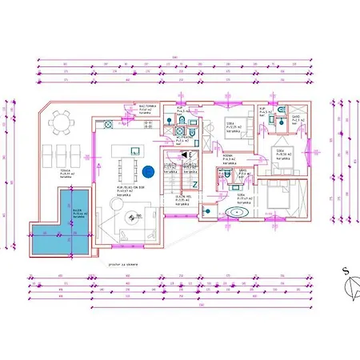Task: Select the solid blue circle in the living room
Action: [149, 170]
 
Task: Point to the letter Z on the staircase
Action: [194, 184]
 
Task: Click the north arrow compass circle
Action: [350, 284]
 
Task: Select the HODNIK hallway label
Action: [227, 156]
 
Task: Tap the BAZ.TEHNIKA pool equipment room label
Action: [147, 107]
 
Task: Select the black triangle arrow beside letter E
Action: [184, 154]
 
